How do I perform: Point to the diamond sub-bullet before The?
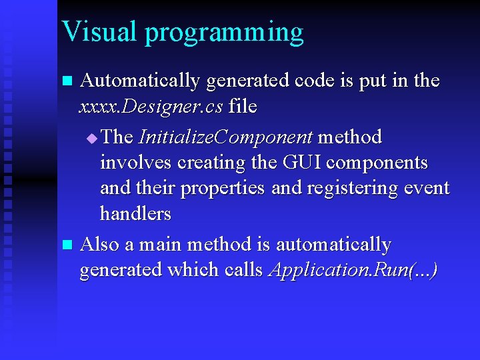tap(92, 138)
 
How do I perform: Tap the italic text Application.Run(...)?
tap(353, 270)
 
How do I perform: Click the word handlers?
tap(135, 214)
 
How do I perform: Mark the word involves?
tap(129, 163)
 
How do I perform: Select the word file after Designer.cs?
tap(243, 106)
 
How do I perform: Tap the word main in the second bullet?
tap(160, 245)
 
